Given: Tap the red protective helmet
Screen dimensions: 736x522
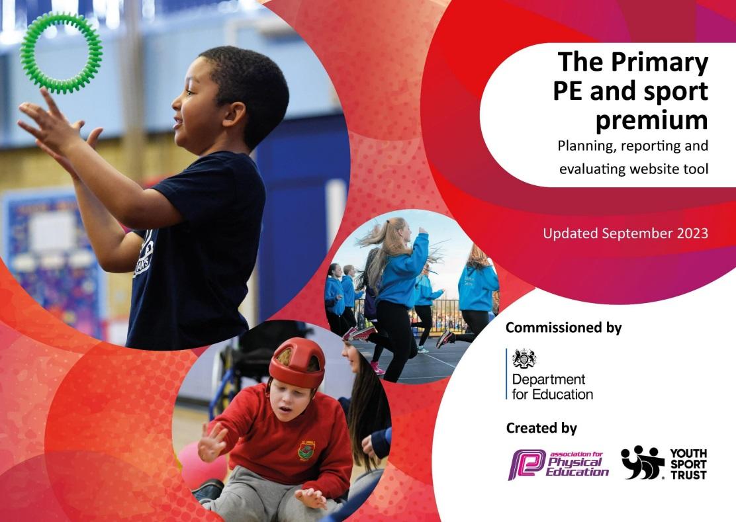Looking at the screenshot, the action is pyautogui.click(x=297, y=362).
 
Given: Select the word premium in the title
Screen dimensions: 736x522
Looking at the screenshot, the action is pyautogui.click(x=651, y=120).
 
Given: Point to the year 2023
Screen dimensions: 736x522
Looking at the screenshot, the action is pyautogui.click(x=690, y=233).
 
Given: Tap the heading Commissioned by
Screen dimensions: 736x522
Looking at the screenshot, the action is pyautogui.click(x=563, y=328).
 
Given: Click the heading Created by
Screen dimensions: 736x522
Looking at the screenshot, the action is pyautogui.click(x=541, y=428).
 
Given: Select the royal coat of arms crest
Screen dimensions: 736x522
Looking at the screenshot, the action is pyautogui.click(x=524, y=359).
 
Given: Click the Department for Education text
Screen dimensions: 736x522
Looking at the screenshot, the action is pyautogui.click(x=553, y=386).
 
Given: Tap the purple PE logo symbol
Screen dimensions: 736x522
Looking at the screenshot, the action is pyautogui.click(x=527, y=464).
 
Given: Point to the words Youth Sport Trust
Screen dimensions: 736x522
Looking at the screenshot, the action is pyautogui.click(x=688, y=464).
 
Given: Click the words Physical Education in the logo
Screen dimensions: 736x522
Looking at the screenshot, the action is pyautogui.click(x=577, y=466).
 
